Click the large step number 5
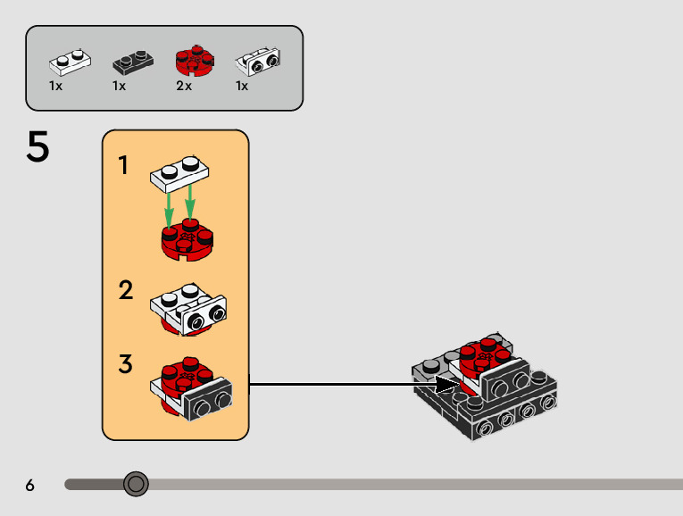click(37, 146)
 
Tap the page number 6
click(29, 485)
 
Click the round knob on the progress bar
click(136, 484)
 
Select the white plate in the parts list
click(70, 62)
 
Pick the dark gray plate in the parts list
click(133, 62)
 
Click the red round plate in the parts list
click(195, 61)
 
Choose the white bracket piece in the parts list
click(258, 62)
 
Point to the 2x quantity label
click(184, 86)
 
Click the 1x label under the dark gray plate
click(119, 86)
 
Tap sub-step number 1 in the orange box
click(123, 165)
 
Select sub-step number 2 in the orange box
click(126, 290)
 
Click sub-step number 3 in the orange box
click(125, 363)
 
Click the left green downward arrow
click(169, 210)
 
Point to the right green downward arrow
click(190, 203)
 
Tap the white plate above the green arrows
click(179, 174)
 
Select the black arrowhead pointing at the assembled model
click(447, 385)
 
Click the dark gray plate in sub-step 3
click(208, 399)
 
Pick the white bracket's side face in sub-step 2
click(204, 316)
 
